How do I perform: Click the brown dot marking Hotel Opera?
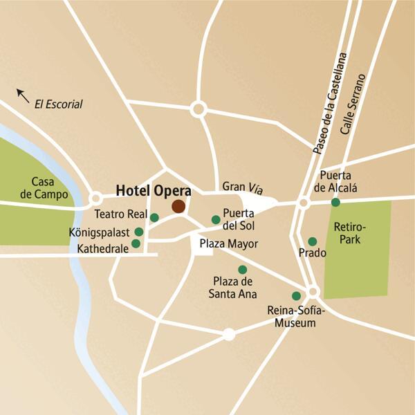coord(178,206)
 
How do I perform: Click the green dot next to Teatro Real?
coord(154,218)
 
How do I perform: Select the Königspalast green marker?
coord(139,232)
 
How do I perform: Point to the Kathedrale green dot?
coord(136,243)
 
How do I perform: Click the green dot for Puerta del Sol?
coord(215,220)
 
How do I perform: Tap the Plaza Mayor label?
coord(228,244)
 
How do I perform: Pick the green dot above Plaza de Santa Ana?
coord(242,269)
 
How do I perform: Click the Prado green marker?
coord(312,241)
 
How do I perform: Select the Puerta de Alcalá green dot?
coord(335,203)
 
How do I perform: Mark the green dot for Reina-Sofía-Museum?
coord(297,295)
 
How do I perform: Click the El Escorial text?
coord(58,104)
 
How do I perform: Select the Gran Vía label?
coord(239,187)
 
